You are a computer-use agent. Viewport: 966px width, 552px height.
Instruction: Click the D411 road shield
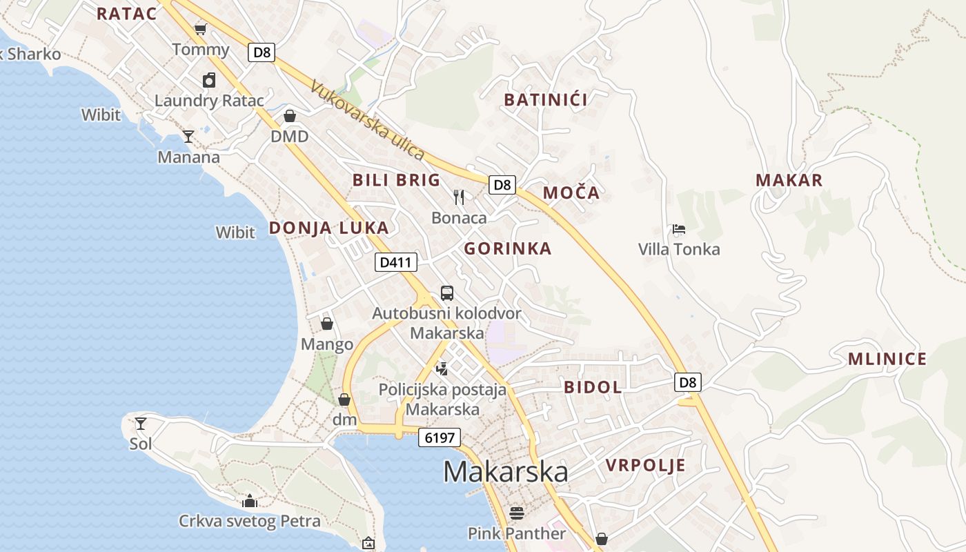click(x=396, y=262)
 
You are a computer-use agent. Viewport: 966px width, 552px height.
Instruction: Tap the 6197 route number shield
click(x=439, y=437)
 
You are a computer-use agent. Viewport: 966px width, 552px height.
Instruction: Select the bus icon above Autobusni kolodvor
click(x=447, y=293)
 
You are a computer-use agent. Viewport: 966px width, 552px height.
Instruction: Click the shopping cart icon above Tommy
click(x=201, y=29)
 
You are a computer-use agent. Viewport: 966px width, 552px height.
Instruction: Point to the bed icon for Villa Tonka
click(x=679, y=230)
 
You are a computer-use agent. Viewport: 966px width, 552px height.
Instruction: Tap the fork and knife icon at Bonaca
click(x=459, y=197)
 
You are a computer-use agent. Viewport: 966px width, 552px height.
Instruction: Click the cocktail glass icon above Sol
click(x=141, y=424)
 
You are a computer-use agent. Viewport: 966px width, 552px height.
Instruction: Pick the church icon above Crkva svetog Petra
click(x=250, y=500)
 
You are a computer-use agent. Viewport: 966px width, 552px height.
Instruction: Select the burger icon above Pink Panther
click(x=517, y=513)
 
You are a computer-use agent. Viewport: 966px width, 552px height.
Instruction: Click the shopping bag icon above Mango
click(x=327, y=324)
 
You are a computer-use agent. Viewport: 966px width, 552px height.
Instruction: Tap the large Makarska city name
click(x=506, y=472)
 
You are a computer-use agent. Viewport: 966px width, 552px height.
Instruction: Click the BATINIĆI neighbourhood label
click(x=546, y=100)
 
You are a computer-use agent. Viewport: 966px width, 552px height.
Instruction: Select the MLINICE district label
click(x=887, y=359)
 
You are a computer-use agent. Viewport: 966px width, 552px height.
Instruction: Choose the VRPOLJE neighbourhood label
click(x=646, y=465)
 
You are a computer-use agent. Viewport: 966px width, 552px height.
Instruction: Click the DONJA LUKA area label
click(x=328, y=228)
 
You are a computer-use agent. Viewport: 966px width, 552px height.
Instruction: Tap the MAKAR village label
click(x=789, y=181)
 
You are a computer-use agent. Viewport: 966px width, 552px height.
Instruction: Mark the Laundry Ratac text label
click(x=209, y=101)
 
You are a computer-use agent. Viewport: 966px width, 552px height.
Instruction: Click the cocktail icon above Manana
click(x=188, y=137)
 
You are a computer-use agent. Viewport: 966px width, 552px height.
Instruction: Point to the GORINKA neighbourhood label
click(x=508, y=248)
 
